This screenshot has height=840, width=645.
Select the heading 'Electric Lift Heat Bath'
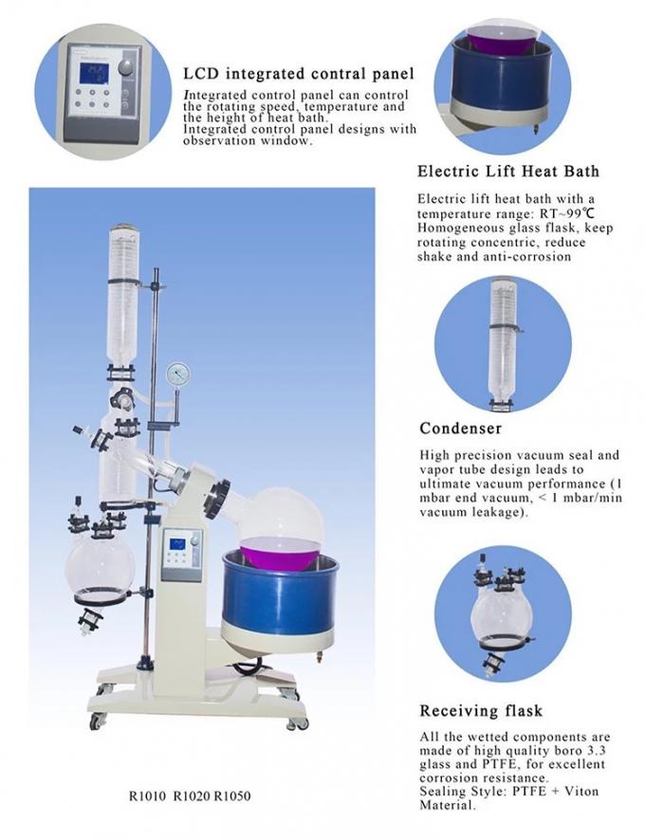[508, 172]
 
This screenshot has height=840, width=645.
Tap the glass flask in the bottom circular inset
[500, 617]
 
